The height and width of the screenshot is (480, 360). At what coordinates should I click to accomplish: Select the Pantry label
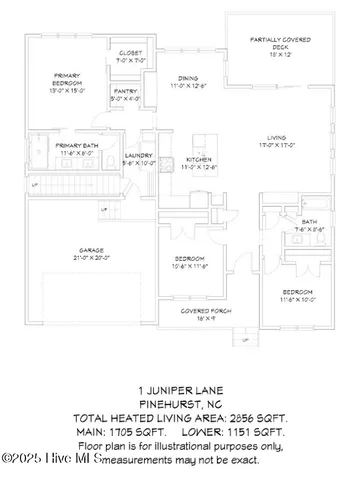click(x=125, y=91)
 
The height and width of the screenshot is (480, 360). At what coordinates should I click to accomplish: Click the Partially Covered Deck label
click(x=271, y=42)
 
